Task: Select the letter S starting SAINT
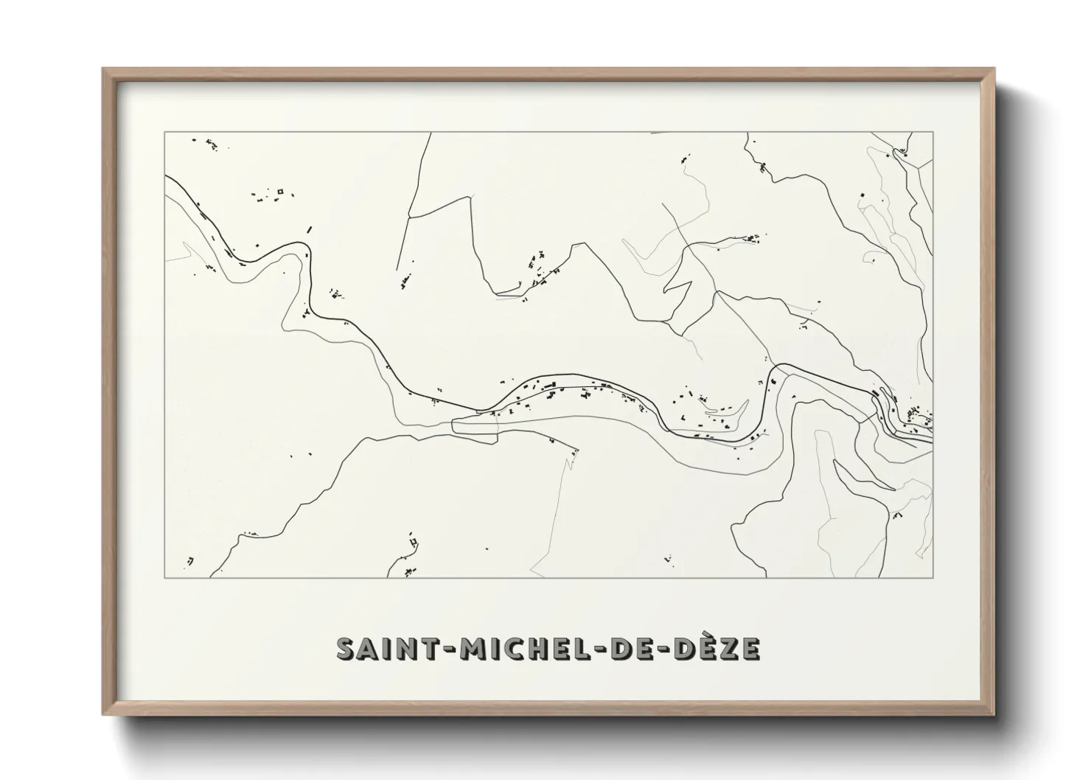(x=346, y=649)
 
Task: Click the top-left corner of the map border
(x=164, y=132)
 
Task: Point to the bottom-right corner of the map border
(x=933, y=577)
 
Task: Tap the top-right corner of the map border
(x=933, y=132)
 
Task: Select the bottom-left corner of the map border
(x=164, y=577)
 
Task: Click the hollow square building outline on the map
(x=279, y=192)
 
